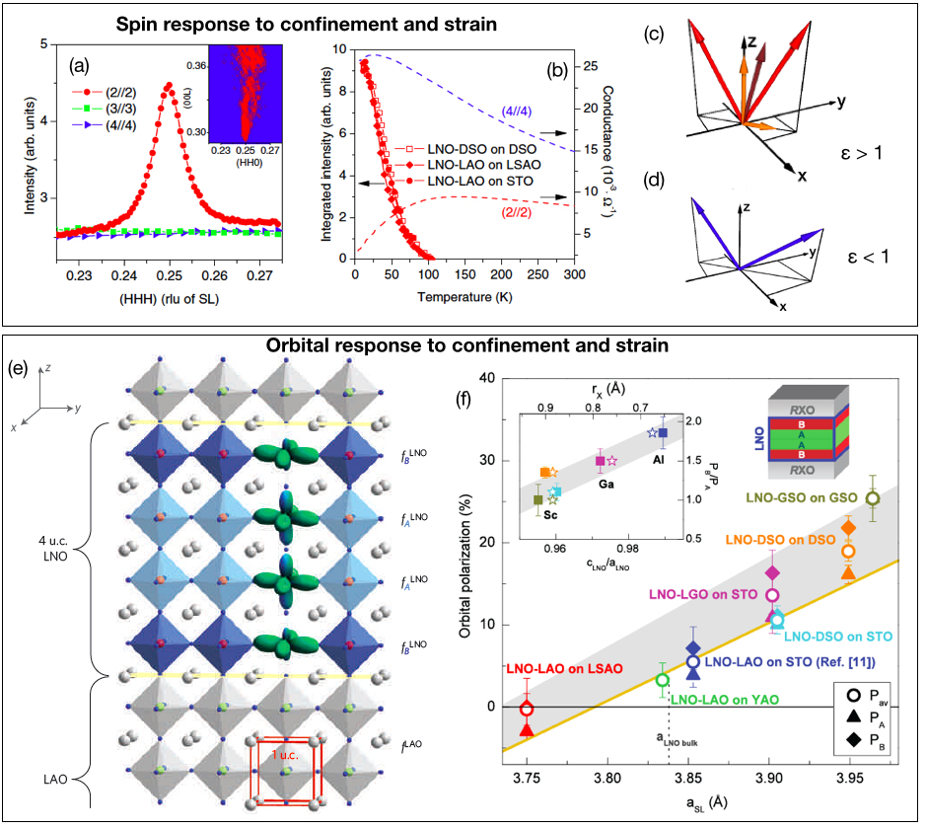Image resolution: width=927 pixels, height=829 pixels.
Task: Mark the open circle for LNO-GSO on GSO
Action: [x=872, y=498]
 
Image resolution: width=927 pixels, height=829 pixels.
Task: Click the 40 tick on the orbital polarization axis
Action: [x=487, y=378]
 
